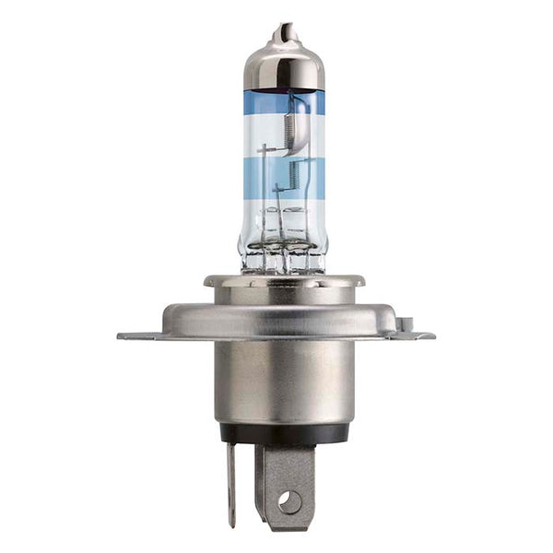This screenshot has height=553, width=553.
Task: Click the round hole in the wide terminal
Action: (289, 501)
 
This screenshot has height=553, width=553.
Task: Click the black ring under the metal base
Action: (283, 434)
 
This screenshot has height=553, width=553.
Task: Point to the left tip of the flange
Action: (122, 336)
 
